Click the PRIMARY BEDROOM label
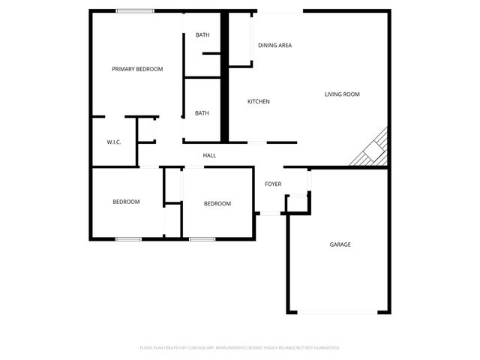[137, 69]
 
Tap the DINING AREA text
[274, 46]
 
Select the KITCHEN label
[259, 102]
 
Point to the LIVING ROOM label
[342, 94]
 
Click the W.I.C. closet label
[114, 141]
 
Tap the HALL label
[209, 155]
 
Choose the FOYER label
[273, 184]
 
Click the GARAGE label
[340, 244]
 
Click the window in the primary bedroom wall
[135, 10]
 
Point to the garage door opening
[338, 312]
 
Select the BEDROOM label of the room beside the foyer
[217, 204]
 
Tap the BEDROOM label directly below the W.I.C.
[126, 202]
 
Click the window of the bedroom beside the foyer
[201, 239]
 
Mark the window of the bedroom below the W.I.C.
[128, 239]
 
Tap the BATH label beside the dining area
[202, 35]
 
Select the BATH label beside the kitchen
[202, 113]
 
